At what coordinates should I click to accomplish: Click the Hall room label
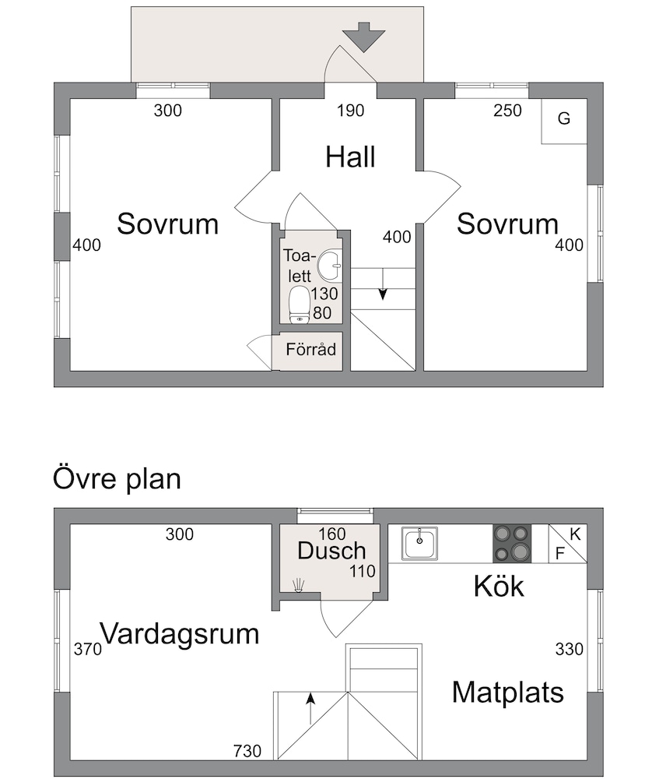coord(350,157)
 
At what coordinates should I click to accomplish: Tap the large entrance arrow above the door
coord(364,37)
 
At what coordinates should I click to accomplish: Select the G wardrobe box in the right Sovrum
coord(564,122)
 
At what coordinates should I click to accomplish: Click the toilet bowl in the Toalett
coord(300,304)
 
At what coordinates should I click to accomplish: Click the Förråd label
coord(311,349)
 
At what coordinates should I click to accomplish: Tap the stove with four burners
coord(512,544)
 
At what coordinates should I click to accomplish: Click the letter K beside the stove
coord(575,534)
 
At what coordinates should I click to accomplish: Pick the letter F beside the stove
coord(559,553)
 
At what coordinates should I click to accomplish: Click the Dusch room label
coord(331,551)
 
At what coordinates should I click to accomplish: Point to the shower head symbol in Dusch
coord(299,585)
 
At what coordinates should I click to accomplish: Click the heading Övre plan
coord(117,479)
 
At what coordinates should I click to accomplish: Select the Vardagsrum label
coord(180,634)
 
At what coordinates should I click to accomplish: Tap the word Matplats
coord(508,692)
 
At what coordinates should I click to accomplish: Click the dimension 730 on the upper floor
coord(247,751)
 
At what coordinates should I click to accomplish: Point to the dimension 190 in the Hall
coord(351,111)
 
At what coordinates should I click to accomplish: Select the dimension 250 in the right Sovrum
coord(507,111)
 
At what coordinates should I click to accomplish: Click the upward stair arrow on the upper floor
coord(310,708)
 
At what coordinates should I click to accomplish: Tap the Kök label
coord(499,587)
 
